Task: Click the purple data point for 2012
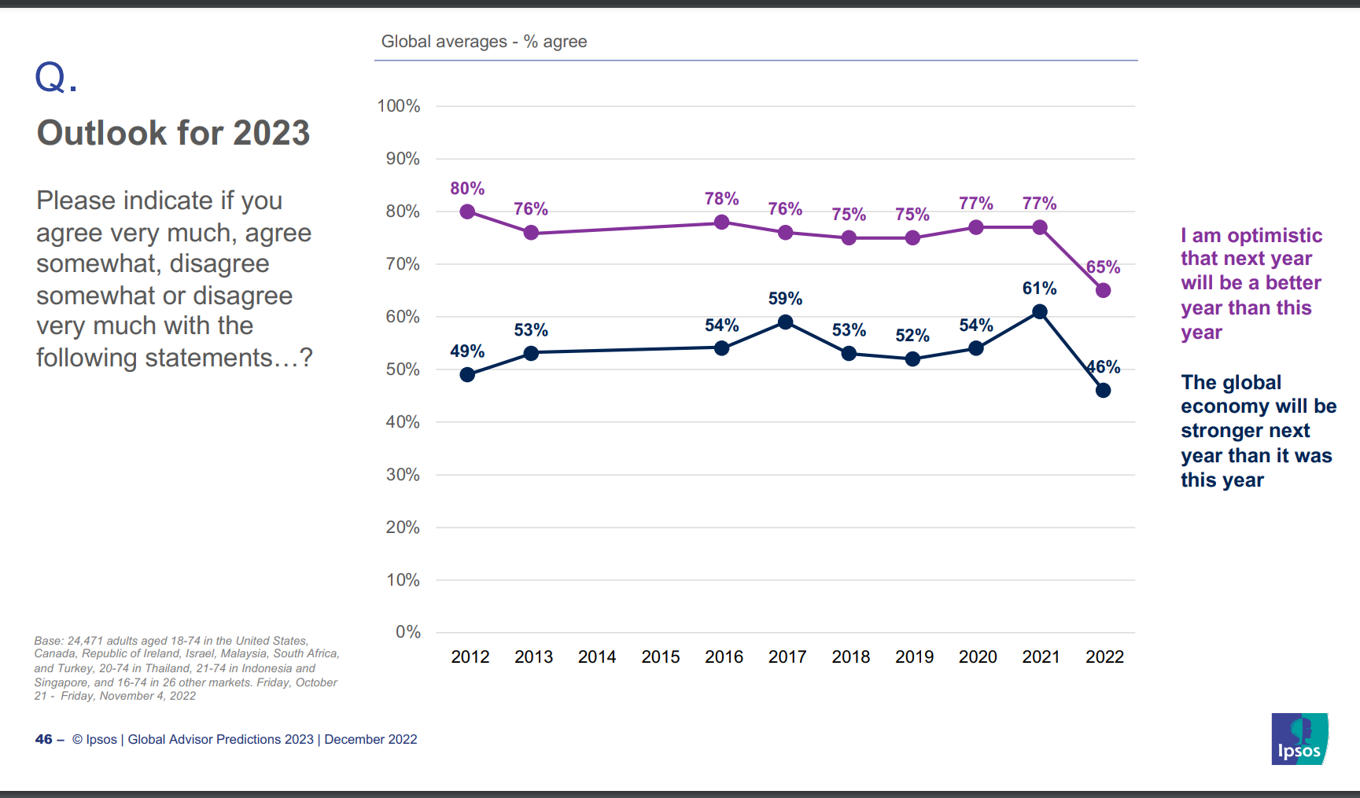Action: tap(467, 211)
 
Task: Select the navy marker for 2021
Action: tap(1040, 311)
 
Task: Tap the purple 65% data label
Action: tap(1104, 267)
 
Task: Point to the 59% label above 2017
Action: tap(785, 299)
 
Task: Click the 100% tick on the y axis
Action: tap(399, 106)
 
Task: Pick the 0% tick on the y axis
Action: tap(407, 632)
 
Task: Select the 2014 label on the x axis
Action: tap(597, 657)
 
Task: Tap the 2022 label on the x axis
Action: tap(1104, 657)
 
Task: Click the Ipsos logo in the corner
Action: tap(1299, 739)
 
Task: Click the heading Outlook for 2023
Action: tap(173, 133)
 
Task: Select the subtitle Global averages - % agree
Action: tap(484, 42)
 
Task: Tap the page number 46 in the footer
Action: tap(43, 739)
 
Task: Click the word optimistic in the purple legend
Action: tap(1274, 236)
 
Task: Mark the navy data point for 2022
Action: tap(1104, 390)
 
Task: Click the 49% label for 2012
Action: tap(467, 351)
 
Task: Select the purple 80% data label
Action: tap(467, 189)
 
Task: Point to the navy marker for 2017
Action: tap(785, 322)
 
